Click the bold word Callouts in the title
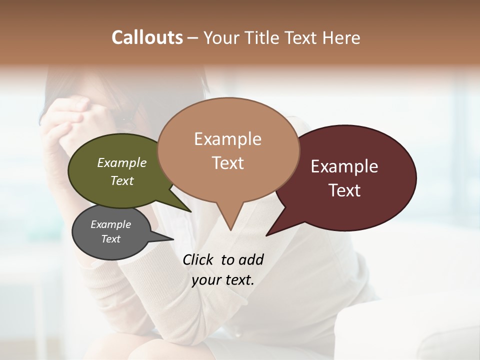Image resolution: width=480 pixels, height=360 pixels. [147, 37]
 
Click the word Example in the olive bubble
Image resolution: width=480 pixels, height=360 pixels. [122, 163]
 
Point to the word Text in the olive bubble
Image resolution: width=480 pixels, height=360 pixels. [122, 180]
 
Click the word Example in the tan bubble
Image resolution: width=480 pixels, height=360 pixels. [227, 139]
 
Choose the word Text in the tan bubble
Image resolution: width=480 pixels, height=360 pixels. [227, 163]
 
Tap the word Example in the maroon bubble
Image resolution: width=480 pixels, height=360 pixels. [344, 166]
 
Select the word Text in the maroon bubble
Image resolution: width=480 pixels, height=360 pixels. [344, 190]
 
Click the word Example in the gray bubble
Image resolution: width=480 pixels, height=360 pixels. [111, 224]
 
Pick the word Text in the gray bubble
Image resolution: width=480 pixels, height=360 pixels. [111, 239]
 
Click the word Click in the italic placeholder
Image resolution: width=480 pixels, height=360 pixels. [198, 259]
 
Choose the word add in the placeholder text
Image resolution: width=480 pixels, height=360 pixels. [251, 259]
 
